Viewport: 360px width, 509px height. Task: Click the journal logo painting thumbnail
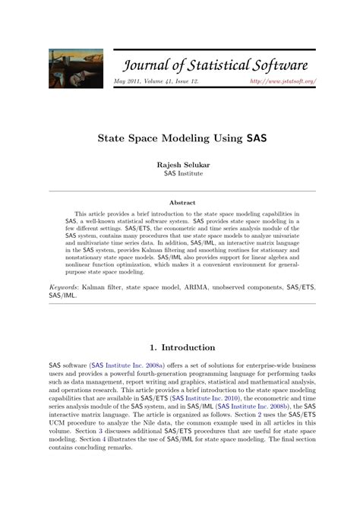76,66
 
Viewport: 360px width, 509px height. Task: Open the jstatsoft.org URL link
283,81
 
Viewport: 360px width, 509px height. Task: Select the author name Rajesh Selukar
180,163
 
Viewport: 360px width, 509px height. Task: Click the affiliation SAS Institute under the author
180,172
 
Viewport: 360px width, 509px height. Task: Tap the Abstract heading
182,203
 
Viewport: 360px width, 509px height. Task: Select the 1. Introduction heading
181,348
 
